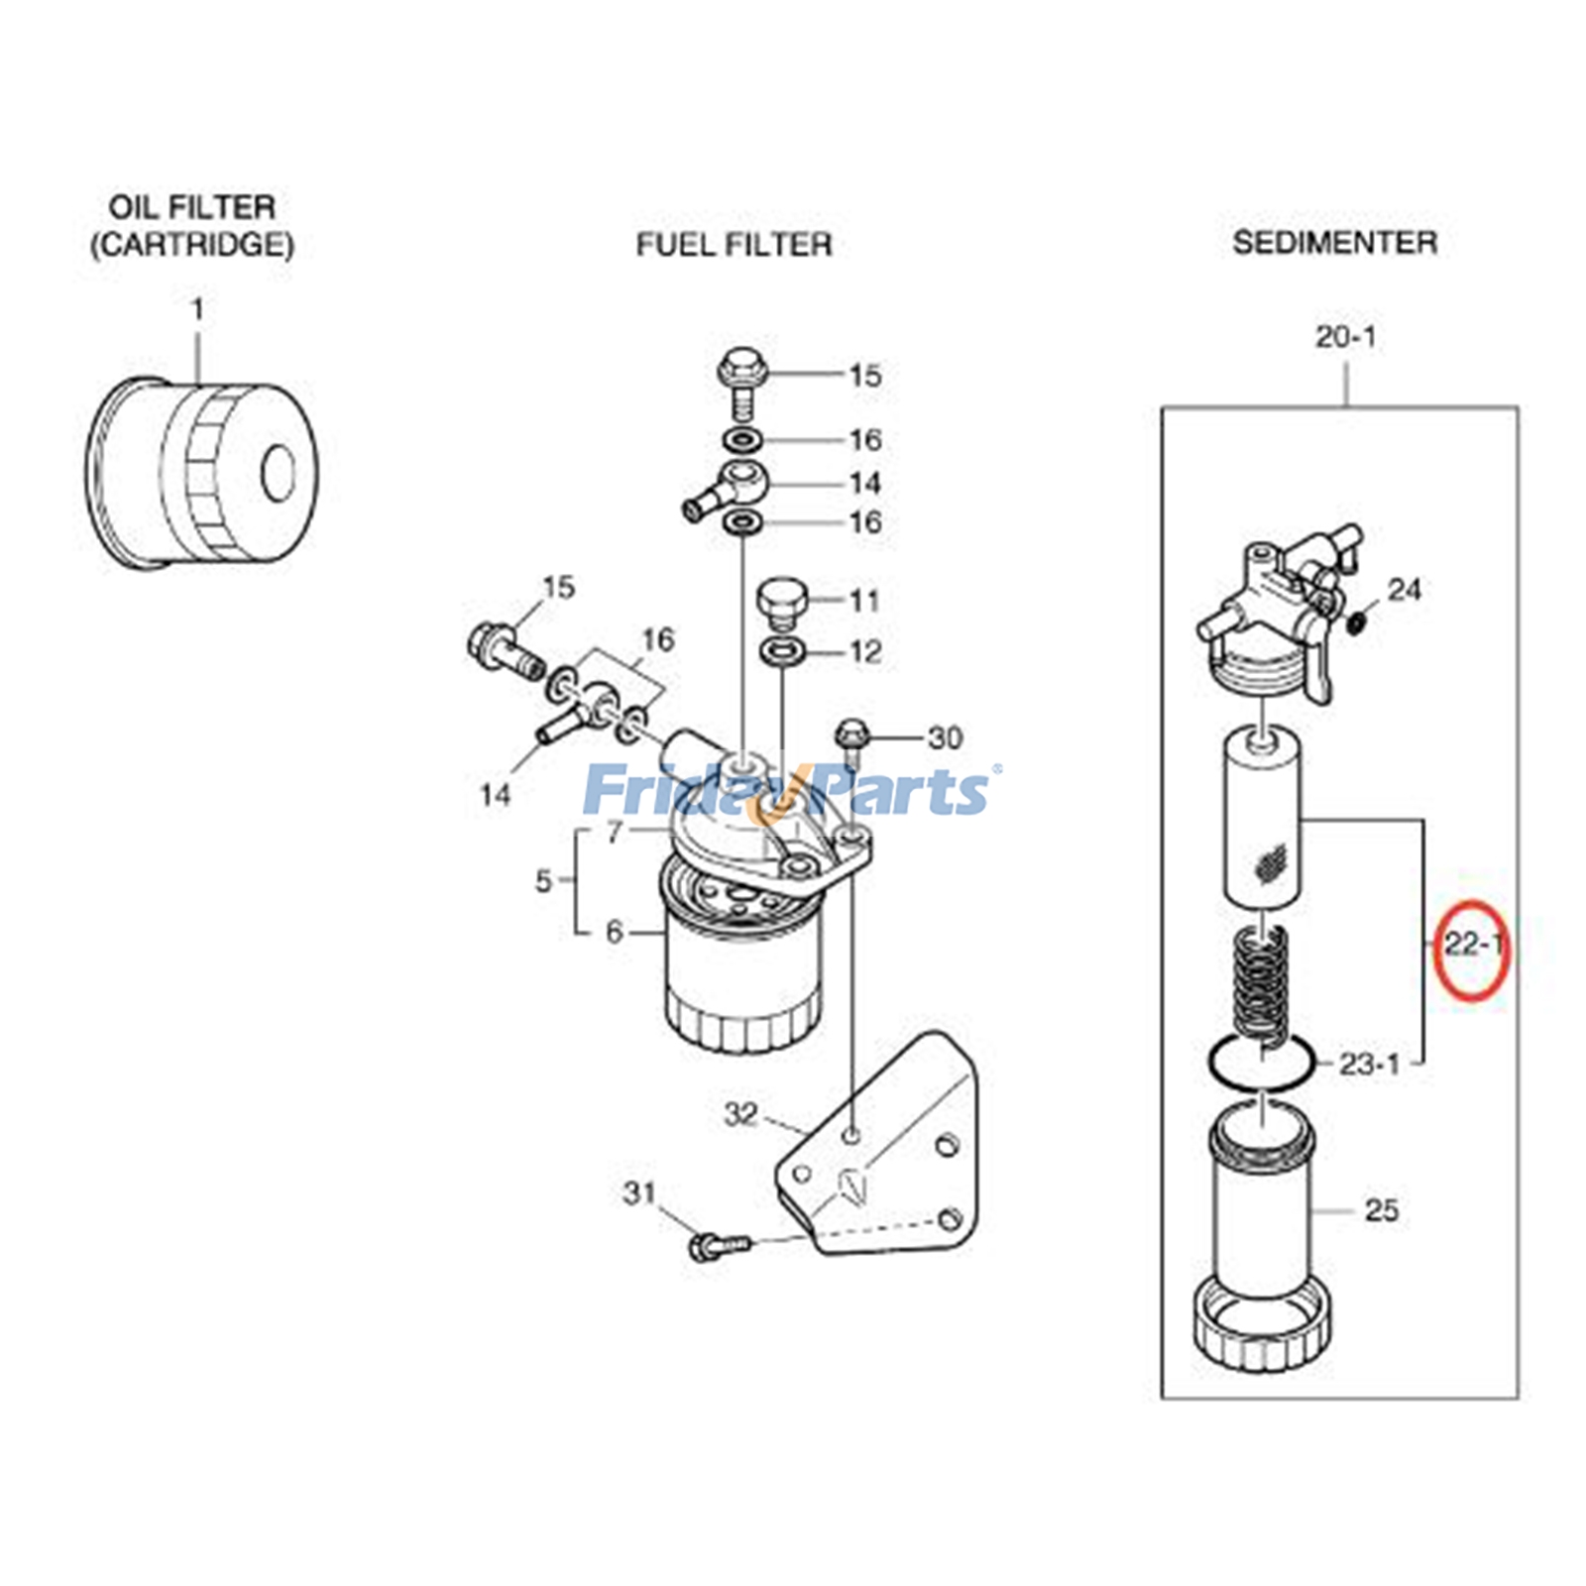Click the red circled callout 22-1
point(1473,947)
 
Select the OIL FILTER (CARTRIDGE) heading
point(192,226)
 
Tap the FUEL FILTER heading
point(734,244)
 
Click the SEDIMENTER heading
point(1334,242)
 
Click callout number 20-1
point(1345,337)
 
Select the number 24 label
point(1404,590)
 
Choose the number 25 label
point(1381,1209)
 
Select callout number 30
point(945,737)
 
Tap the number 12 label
point(864,651)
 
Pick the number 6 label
point(615,932)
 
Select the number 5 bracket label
point(543,879)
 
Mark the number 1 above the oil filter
point(197,310)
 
